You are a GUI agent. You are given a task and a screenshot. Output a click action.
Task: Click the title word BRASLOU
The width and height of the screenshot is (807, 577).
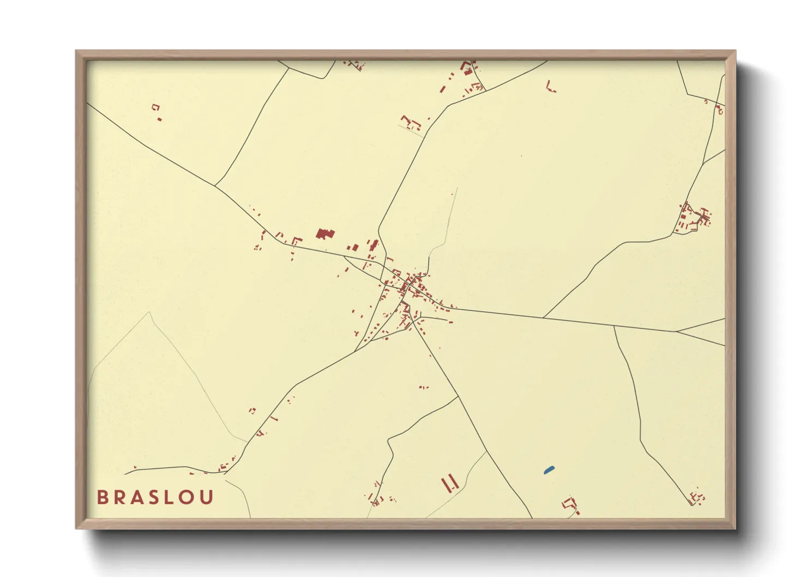155,497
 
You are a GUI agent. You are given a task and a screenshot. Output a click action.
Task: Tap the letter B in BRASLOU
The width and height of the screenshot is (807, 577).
101,497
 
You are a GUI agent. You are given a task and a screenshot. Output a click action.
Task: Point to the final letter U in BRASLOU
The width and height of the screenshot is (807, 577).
207,497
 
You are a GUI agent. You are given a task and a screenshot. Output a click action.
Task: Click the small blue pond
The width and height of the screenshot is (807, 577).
549,470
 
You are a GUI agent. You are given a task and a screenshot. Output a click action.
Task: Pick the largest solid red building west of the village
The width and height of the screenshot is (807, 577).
325,235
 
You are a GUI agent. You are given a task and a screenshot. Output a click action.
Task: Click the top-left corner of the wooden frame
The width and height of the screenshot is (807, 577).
76,51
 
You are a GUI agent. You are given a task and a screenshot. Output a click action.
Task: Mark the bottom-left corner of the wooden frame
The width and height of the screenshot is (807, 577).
76,528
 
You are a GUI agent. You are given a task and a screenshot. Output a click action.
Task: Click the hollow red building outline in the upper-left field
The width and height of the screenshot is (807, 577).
155,107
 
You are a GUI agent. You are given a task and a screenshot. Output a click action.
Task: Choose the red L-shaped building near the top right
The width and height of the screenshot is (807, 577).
551,87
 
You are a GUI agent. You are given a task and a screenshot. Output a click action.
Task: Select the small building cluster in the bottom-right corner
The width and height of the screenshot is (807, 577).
696,498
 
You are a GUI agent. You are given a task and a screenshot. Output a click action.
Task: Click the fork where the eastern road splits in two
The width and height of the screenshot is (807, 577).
676,331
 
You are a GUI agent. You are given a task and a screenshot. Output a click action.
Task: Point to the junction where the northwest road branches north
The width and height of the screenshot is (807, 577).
215,186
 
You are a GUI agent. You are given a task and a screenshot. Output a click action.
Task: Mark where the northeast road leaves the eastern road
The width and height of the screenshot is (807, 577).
543,317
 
